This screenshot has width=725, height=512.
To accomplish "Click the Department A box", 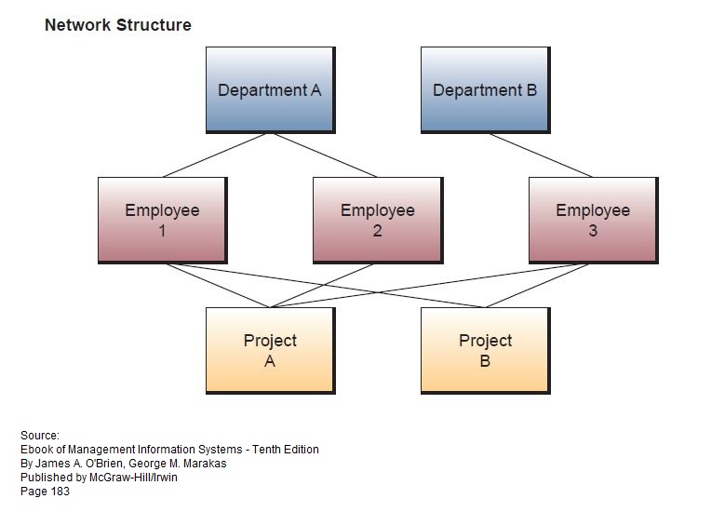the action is pos(271,89).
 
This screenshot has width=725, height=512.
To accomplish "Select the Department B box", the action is pos(486,89).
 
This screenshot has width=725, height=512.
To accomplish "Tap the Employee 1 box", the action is pos(163,220).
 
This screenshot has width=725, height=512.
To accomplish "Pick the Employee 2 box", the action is pos(378,220).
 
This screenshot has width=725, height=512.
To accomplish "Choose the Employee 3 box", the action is pos(593,220).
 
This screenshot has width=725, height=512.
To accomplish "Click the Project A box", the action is pos(271,351).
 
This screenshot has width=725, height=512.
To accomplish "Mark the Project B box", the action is pos(486,351).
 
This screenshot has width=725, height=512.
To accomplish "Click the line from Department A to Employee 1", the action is pos(215,155).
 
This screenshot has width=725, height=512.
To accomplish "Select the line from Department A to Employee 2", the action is pos(326,155).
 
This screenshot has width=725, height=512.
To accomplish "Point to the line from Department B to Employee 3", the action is pos(541,155).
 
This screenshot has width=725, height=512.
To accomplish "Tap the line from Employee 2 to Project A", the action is pos(322,286).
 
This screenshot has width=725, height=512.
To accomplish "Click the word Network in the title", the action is pos(77,25).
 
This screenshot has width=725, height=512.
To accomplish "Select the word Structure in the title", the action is pos(154,25).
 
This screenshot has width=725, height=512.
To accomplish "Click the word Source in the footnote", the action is pos(40,436).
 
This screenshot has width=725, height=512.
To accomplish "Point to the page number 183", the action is pos(60,492).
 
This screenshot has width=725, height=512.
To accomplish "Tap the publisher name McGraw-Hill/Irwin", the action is pos(133,478).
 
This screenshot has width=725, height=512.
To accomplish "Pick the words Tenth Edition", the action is pos(286,450).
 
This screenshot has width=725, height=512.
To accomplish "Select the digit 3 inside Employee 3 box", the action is pos(593,230).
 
